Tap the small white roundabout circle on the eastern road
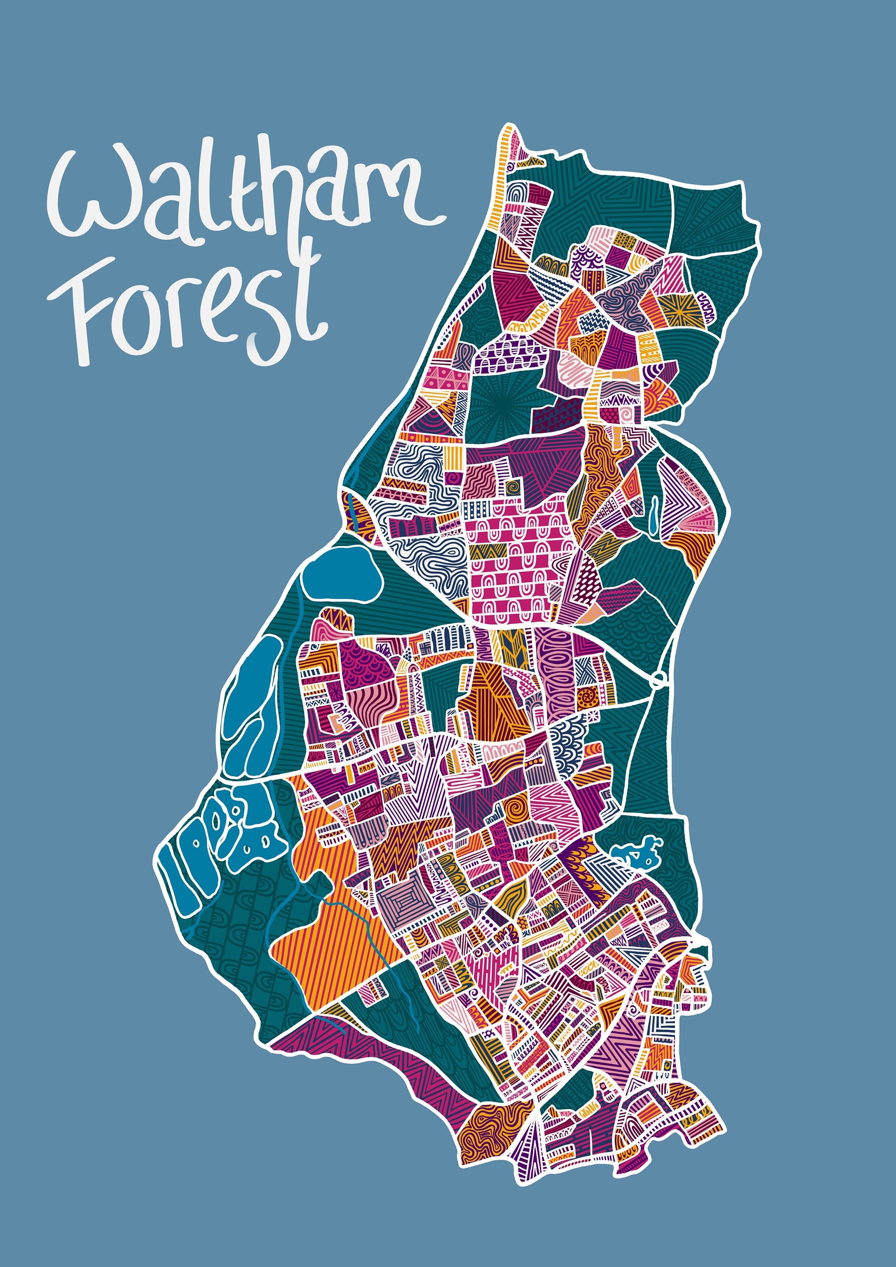click(657, 680)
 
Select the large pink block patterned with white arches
click(513, 563)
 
